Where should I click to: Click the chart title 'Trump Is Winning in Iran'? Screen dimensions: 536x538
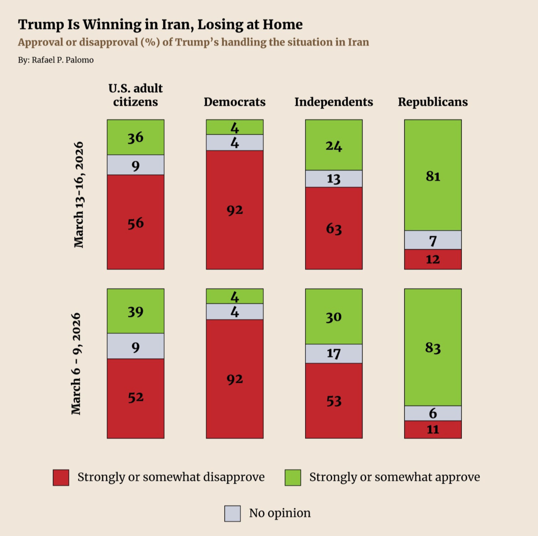(x=160, y=25)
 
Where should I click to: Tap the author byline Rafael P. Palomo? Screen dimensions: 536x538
(x=56, y=60)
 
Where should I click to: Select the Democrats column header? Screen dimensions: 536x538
(x=234, y=102)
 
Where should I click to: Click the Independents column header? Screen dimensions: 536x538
(x=334, y=102)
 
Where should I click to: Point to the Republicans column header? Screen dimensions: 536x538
(x=433, y=102)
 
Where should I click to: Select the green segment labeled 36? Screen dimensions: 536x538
(x=136, y=137)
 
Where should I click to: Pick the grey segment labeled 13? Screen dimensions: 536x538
(x=334, y=179)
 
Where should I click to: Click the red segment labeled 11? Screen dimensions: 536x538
(x=433, y=429)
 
